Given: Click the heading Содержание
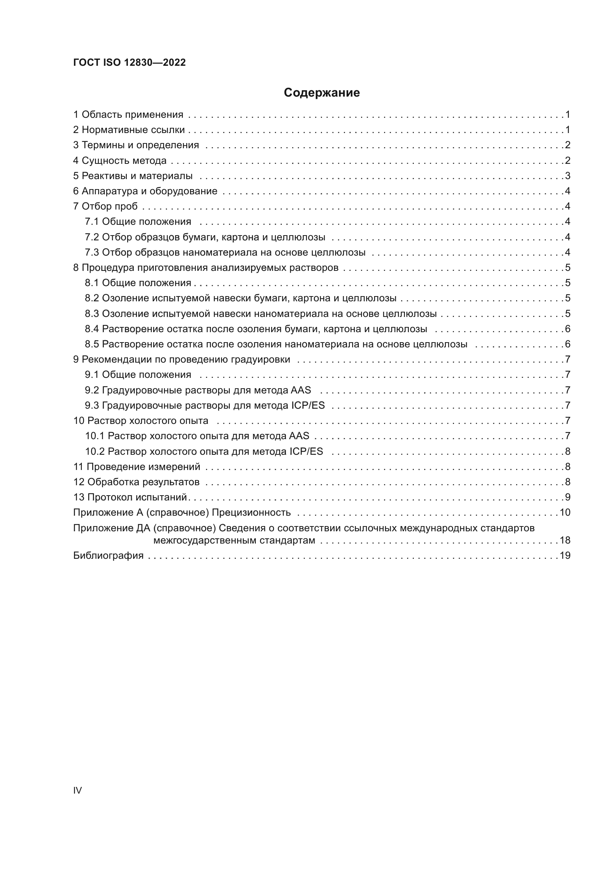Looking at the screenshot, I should [322, 93].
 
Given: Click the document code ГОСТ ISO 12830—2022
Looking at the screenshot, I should [129, 62].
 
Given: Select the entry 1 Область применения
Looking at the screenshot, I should [128, 115].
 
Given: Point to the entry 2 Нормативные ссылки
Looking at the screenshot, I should [129, 130].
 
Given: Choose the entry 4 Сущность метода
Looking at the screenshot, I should [120, 160].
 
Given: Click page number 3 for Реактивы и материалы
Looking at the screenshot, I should [567, 176].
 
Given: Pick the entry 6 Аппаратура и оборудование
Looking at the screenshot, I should [145, 191].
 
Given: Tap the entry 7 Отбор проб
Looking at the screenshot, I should [105, 206].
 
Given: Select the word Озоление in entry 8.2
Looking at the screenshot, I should [125, 298].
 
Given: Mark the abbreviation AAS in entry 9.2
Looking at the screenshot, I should [301, 390].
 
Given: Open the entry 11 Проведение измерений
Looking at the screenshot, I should [137, 467].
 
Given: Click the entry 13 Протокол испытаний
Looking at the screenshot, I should [131, 497].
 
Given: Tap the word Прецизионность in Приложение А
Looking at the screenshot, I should [251, 512].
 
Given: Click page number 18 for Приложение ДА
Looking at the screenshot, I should [565, 540].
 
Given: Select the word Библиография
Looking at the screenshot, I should [108, 555].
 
